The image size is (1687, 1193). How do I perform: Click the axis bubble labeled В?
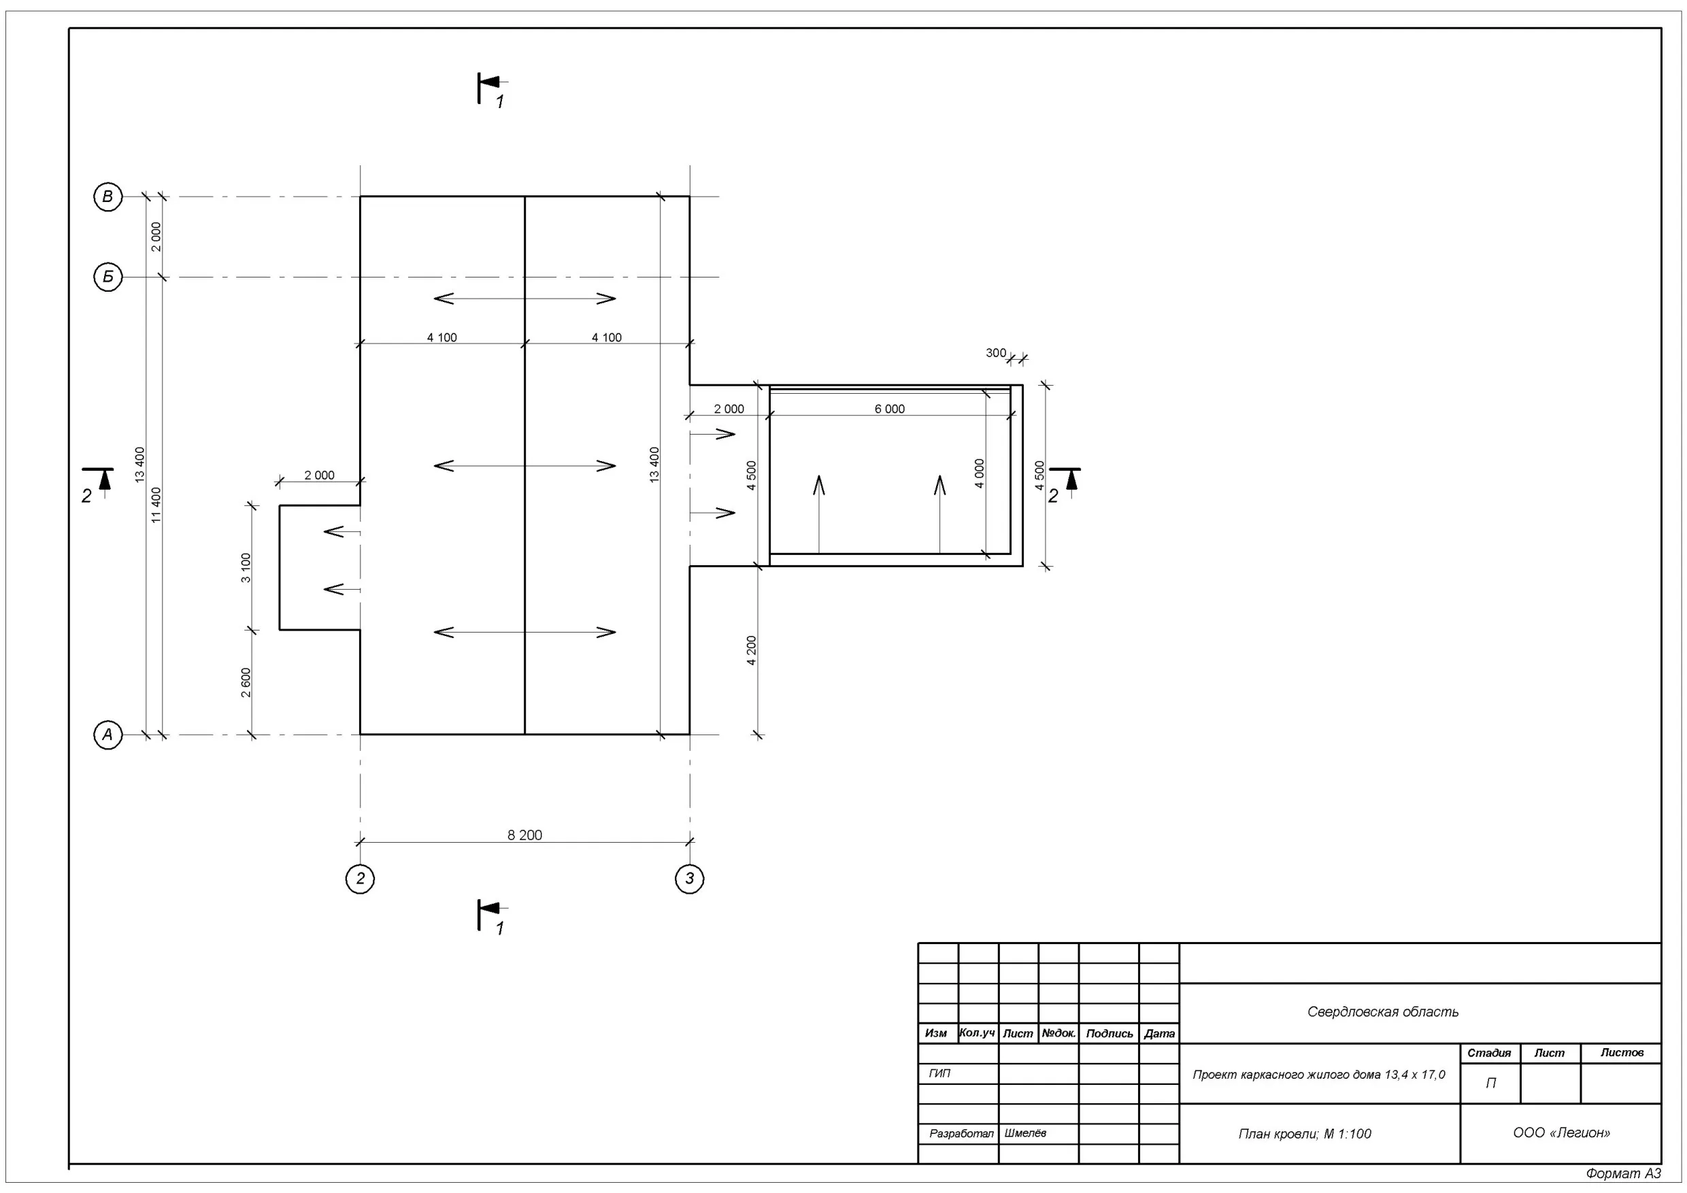tap(108, 197)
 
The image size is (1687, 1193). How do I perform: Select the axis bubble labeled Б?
tap(108, 277)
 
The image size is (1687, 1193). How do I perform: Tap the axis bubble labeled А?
tap(108, 735)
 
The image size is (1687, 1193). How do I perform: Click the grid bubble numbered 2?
tap(360, 879)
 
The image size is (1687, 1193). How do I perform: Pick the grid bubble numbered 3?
tap(689, 879)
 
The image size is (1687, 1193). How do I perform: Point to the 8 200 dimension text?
tap(524, 835)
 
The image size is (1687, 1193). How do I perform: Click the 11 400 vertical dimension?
tap(156, 505)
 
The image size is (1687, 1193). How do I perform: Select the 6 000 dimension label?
tap(889, 409)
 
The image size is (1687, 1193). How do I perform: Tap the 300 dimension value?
tap(996, 354)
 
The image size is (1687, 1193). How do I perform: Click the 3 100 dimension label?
tap(246, 568)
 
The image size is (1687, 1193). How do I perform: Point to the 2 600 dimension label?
tap(246, 682)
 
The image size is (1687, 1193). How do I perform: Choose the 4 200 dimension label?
tap(751, 651)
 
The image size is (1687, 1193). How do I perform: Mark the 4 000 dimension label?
tap(980, 474)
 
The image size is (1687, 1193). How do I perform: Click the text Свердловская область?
tap(1383, 1012)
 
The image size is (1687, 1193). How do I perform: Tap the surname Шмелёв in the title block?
tap(1025, 1134)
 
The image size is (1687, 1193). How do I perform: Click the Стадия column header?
tap(1489, 1054)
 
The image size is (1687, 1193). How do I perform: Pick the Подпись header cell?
tap(1109, 1034)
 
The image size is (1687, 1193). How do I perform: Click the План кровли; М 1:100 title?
tap(1305, 1135)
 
